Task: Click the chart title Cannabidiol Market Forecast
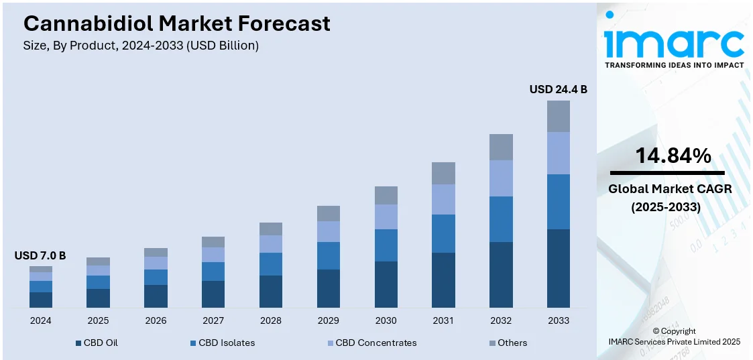[177, 23]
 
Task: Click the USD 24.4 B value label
[558, 89]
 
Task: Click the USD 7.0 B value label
[40, 255]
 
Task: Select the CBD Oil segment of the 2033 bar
[558, 268]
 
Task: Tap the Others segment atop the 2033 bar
[558, 116]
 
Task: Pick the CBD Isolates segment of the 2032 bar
[501, 219]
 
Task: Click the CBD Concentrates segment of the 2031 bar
[443, 199]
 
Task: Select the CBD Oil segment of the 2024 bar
[40, 300]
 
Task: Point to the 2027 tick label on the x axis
[213, 320]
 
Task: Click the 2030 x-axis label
[386, 320]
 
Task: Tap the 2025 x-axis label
[98, 320]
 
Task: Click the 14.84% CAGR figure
[673, 156]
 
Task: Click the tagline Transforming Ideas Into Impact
[674, 65]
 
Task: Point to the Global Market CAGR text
[670, 189]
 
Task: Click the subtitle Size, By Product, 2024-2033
[141, 46]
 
